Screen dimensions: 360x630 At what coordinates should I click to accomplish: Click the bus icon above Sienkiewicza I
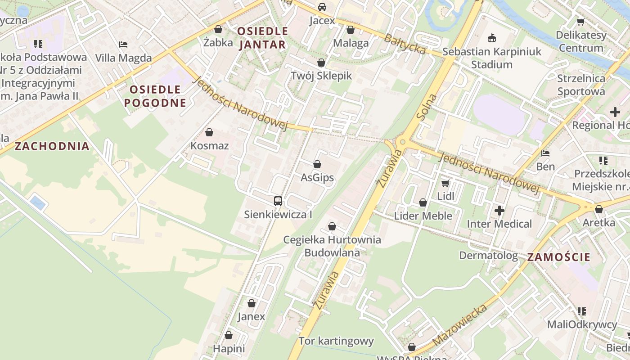[x=278, y=201]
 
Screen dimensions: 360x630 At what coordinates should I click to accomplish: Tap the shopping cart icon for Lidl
[x=445, y=183]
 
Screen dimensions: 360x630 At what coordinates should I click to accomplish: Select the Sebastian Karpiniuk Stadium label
[x=491, y=58]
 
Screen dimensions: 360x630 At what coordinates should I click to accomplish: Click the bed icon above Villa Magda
[x=123, y=45]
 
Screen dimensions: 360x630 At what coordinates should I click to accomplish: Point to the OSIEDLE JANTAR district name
[x=262, y=38]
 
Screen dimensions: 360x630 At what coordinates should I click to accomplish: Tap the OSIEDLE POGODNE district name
[x=155, y=96]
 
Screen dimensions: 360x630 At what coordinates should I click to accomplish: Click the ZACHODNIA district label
[x=52, y=146]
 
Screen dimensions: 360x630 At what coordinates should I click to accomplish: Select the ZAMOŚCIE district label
[x=558, y=257]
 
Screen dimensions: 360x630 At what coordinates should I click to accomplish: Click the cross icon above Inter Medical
[x=499, y=210]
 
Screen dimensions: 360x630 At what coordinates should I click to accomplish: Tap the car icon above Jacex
[x=322, y=7]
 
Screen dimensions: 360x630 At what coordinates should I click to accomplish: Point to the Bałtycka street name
[x=405, y=44]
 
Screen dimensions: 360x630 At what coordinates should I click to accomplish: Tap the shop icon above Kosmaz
[x=209, y=132]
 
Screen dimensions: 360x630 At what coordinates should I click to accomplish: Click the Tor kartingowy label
[x=336, y=341]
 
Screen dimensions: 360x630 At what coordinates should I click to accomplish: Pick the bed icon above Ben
[x=545, y=153]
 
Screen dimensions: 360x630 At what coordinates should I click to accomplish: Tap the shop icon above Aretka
[x=598, y=209]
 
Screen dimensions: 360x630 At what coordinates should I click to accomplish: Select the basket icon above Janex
[x=252, y=303]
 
